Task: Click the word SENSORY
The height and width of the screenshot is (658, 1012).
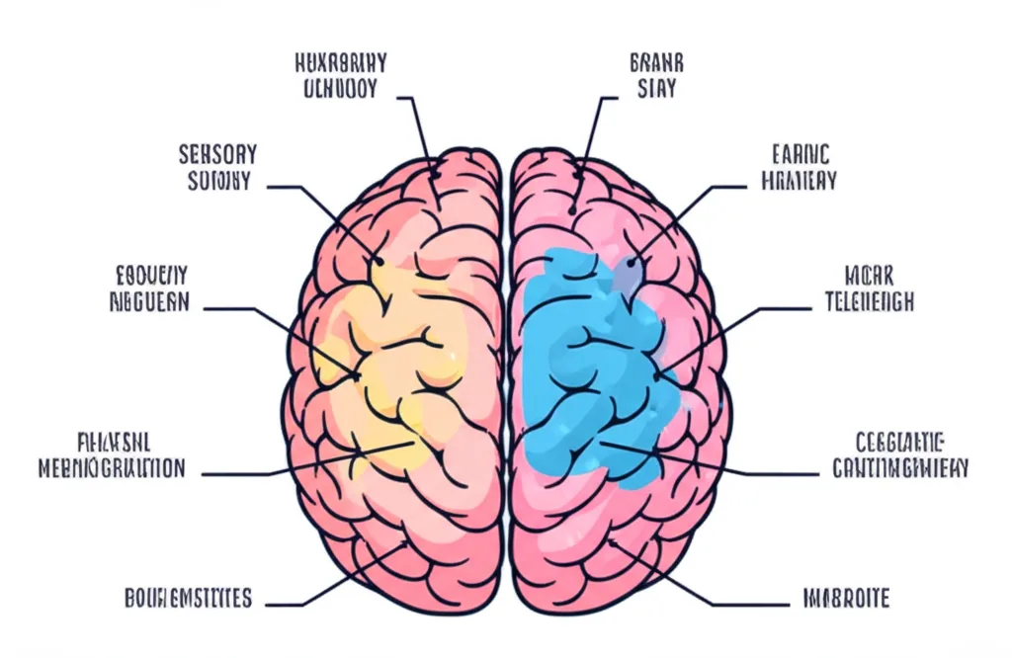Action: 218,155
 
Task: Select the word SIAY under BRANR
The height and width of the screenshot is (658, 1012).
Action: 657,89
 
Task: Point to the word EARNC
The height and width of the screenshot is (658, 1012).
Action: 801,154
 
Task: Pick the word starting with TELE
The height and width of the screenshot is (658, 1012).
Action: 869,302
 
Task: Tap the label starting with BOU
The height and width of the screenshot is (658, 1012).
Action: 188,598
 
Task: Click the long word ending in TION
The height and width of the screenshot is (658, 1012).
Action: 112,468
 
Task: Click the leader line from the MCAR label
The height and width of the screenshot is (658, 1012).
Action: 731,326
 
